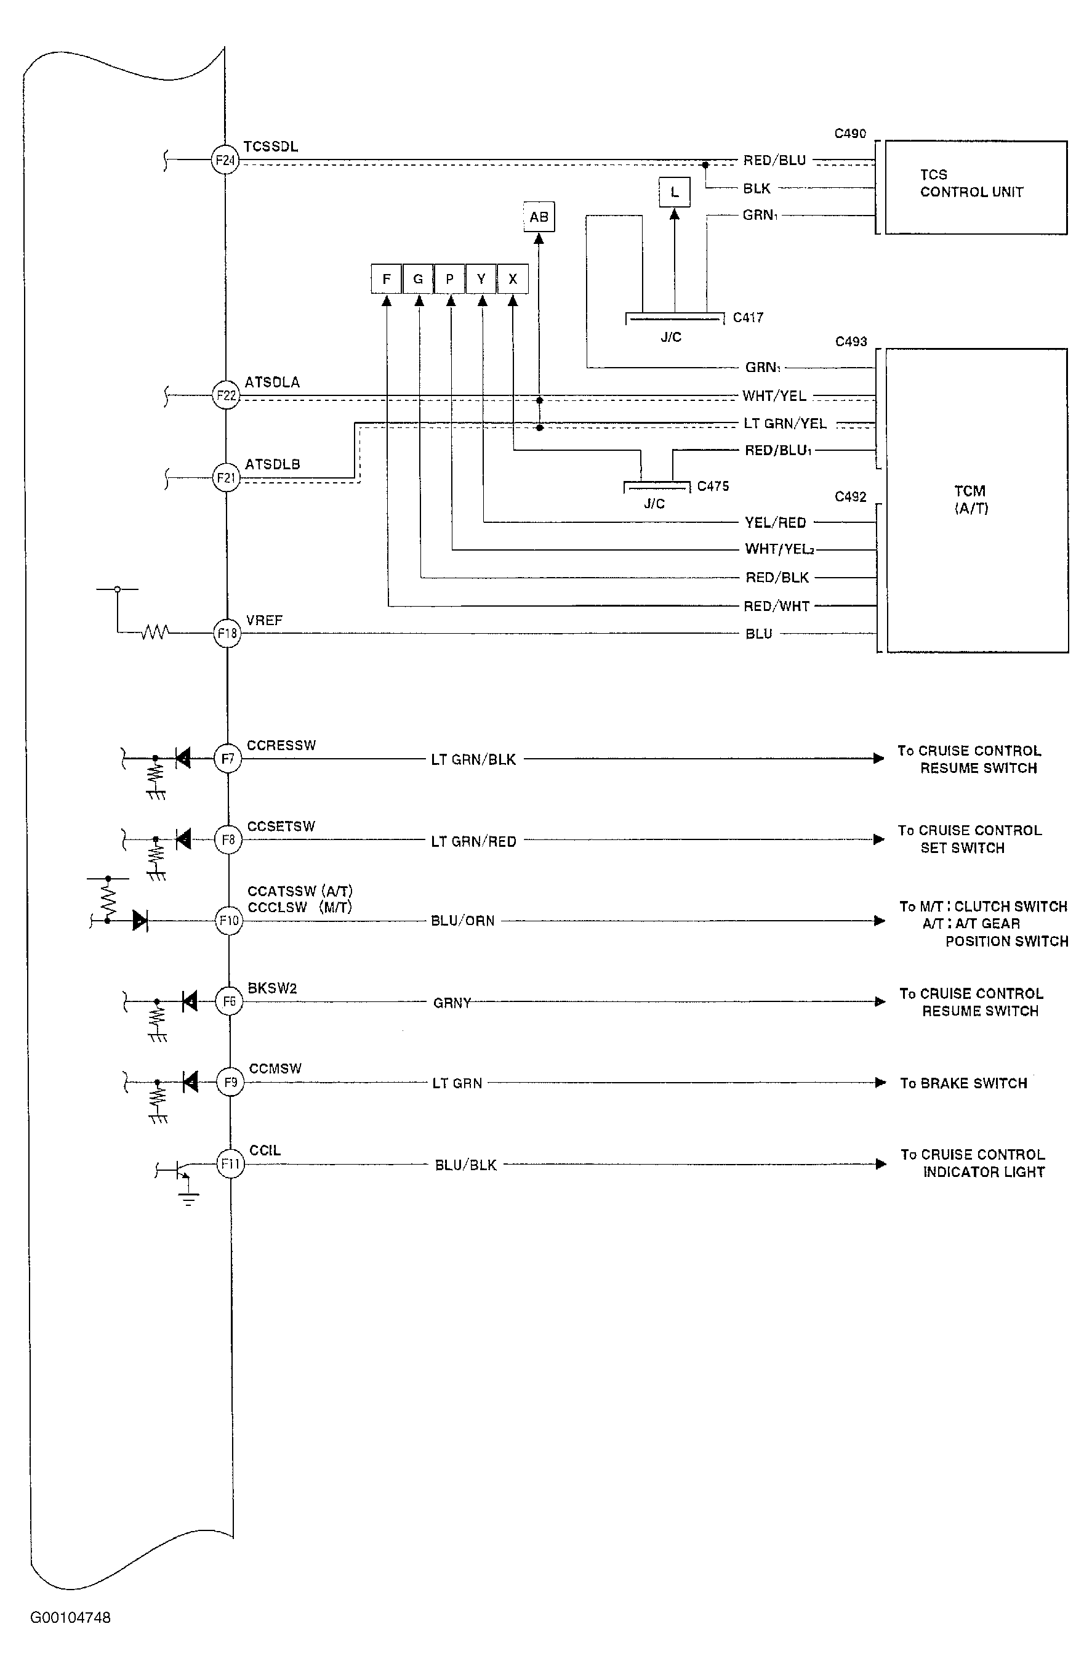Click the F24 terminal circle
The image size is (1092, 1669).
225,160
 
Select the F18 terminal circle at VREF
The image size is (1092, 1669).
227,633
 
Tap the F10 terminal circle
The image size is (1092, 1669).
229,920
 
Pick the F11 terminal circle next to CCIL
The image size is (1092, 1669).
231,1164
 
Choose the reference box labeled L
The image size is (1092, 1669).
674,192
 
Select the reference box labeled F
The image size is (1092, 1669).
386,279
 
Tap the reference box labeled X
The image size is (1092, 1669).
513,279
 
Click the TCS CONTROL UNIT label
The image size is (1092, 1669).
971,183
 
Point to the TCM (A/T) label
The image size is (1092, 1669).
971,499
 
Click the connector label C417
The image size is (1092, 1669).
748,318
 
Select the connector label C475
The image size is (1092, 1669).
713,486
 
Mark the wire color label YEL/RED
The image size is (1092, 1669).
775,522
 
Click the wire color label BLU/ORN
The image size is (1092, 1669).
463,921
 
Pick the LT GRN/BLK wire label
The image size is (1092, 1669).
473,759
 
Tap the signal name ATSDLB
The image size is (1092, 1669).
272,464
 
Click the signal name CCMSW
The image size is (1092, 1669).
275,1069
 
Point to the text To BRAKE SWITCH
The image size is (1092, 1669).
964,1083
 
